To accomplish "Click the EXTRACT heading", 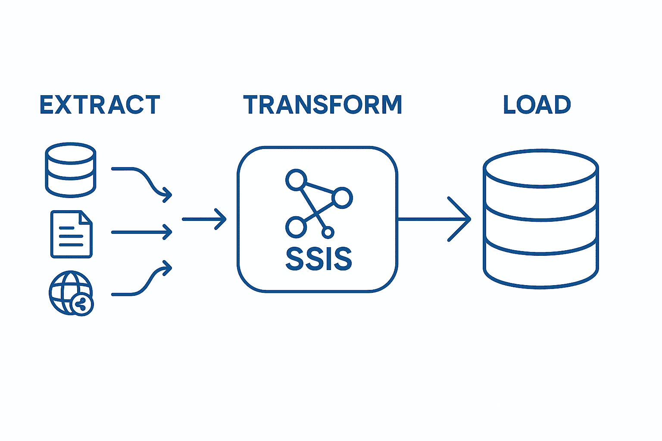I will [x=100, y=105].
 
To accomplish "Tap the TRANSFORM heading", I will [x=322, y=105].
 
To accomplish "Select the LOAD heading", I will [x=537, y=105].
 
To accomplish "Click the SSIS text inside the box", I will [x=319, y=259].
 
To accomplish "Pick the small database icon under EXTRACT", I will [x=71, y=170].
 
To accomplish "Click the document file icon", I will [x=71, y=234].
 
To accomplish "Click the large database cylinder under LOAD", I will [x=540, y=220].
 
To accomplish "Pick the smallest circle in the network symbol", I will [x=328, y=233].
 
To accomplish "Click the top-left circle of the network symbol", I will [x=296, y=180].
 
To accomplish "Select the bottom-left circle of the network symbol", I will [x=296, y=227].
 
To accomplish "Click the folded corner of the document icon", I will [x=87, y=217].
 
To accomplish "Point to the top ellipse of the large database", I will [x=540, y=168].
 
